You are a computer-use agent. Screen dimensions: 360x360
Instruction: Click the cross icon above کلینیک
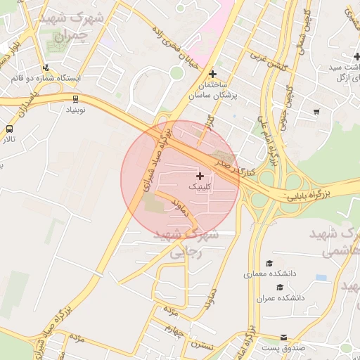200,175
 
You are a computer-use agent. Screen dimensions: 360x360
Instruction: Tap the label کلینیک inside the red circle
198,188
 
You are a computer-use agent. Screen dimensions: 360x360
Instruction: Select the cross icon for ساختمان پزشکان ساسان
212,74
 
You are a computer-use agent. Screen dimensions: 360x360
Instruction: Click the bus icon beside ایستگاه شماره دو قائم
46,67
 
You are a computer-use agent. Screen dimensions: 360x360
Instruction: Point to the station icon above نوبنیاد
75,99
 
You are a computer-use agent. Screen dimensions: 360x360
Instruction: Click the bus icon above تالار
9,129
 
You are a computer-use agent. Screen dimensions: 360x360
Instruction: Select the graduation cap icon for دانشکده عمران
280,286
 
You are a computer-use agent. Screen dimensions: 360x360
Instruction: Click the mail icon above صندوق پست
283,337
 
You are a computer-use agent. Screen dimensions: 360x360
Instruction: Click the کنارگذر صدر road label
236,167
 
